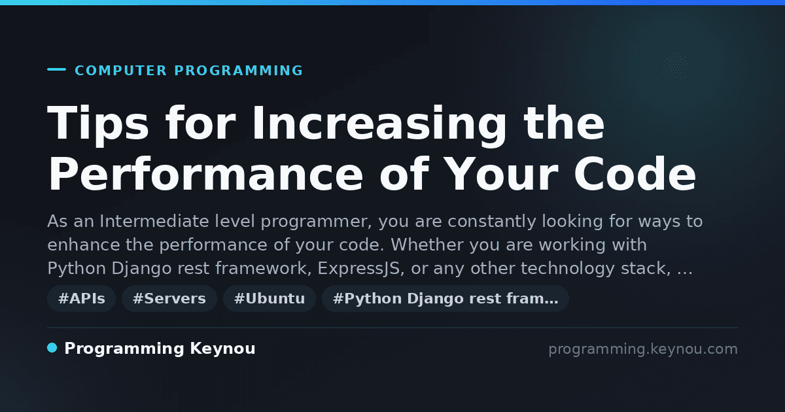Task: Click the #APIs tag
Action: point(81,298)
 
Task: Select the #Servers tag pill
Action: point(169,298)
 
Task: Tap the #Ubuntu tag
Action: point(270,298)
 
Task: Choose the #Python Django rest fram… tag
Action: point(445,298)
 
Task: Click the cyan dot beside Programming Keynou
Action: point(52,348)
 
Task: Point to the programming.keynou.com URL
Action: point(643,349)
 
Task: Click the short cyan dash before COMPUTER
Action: point(56,69)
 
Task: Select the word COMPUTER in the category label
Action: point(121,71)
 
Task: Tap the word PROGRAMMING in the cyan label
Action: point(239,71)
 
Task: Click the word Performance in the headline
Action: point(205,175)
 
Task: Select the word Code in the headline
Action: point(635,175)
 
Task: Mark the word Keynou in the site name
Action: point(222,349)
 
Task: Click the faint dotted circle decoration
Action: point(678,65)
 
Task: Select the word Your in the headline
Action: point(502,175)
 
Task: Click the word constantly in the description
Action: point(492,222)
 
